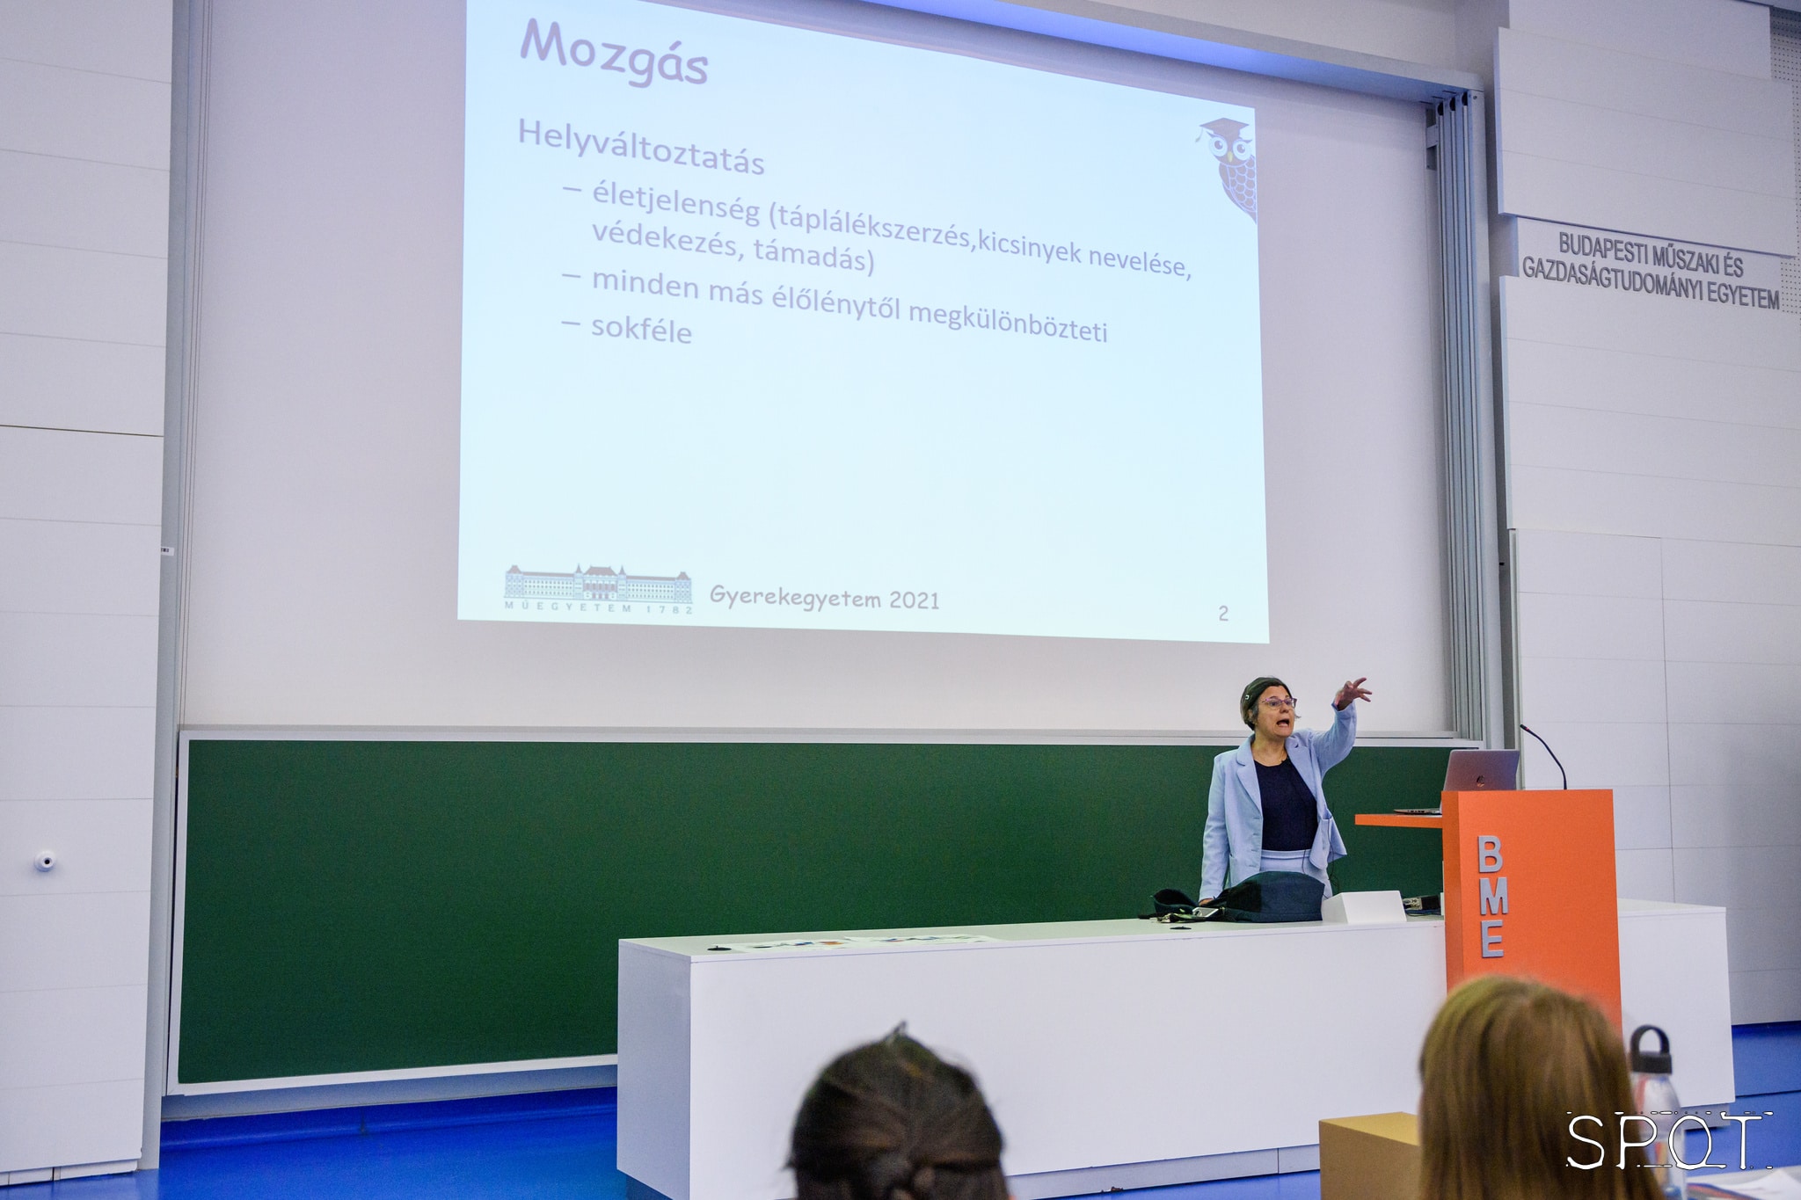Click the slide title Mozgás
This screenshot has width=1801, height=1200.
click(x=614, y=53)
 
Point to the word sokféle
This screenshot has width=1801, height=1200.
click(x=641, y=329)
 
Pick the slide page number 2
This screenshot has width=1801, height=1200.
click(x=1223, y=613)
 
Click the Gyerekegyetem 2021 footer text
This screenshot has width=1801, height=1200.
click(x=824, y=598)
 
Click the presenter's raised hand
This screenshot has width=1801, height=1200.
click(x=1352, y=692)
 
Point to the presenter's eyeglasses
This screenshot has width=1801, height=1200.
click(x=1277, y=702)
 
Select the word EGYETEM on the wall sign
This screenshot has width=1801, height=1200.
click(x=1743, y=294)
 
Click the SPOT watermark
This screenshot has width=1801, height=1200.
click(x=1667, y=1140)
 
